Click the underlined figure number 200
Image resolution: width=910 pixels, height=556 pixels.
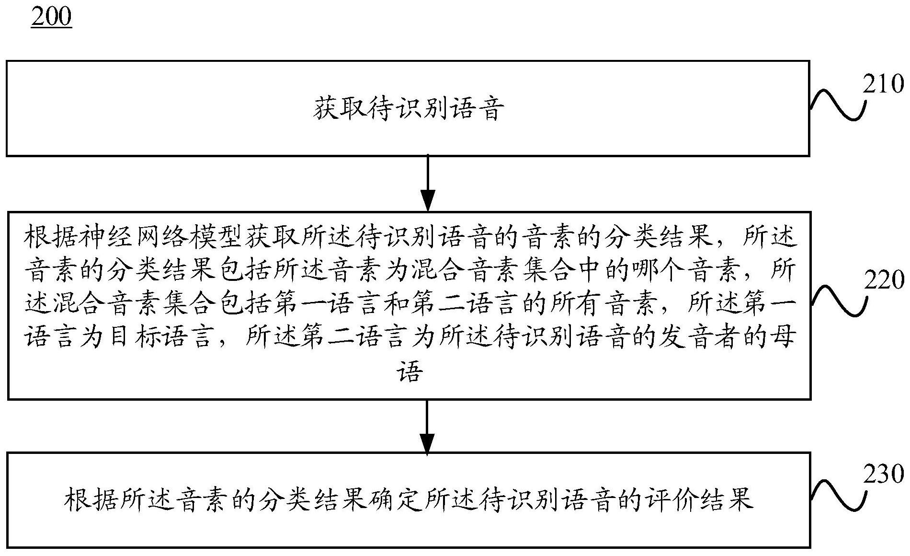tap(51, 17)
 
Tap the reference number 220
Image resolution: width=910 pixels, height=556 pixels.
tap(884, 280)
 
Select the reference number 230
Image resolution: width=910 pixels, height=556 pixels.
tap(884, 475)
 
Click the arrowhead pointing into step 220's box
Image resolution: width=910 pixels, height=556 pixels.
tap(427, 200)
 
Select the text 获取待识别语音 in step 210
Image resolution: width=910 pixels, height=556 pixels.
tap(409, 109)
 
